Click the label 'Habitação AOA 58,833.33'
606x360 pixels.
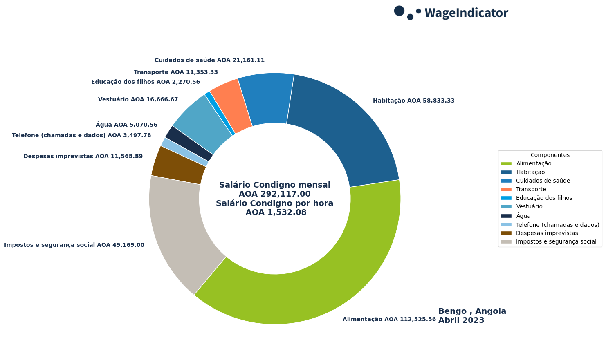point(413,101)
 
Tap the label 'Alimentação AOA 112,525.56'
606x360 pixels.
point(389,320)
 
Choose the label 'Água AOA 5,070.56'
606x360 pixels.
point(126,125)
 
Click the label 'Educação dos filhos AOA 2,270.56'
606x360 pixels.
point(146,82)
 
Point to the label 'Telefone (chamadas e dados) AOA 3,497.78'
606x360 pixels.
point(81,136)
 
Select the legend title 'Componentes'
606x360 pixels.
point(550,155)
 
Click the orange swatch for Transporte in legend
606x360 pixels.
point(506,190)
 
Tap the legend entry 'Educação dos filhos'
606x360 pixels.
point(544,198)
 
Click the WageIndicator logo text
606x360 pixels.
point(466,13)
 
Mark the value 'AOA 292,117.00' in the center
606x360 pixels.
point(275,194)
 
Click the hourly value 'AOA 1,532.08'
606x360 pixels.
point(276,212)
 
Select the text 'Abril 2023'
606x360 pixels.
point(461,321)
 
